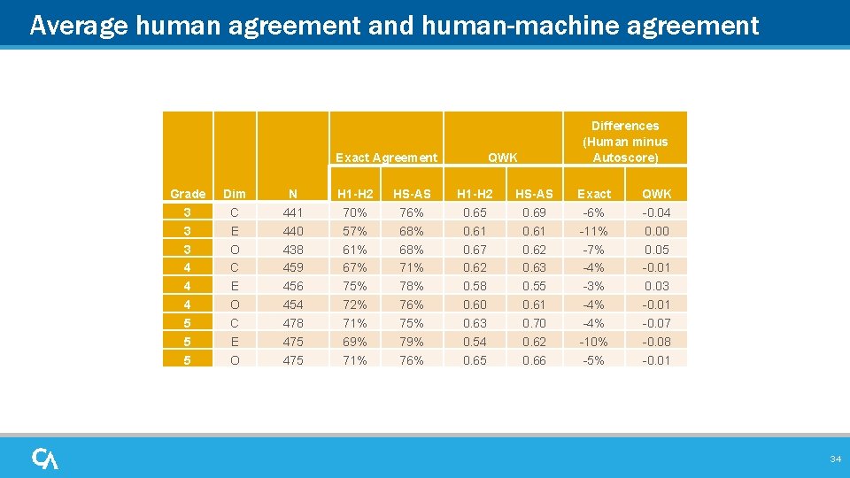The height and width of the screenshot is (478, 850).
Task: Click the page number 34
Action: (835, 459)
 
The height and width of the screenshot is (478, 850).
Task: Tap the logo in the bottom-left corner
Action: (45, 459)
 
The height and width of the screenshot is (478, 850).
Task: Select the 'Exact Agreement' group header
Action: (386, 158)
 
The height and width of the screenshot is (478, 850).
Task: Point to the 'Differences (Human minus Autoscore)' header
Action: (625, 142)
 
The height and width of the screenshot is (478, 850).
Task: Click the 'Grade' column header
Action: (188, 194)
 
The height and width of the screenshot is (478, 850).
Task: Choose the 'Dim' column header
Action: (235, 194)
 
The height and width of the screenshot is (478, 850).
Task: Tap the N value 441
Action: (292, 212)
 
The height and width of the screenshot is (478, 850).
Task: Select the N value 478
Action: (292, 323)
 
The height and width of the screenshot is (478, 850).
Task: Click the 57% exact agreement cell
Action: (356, 231)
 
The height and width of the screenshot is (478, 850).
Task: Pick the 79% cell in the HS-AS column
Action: (412, 342)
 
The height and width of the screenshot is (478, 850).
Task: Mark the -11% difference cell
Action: (594, 231)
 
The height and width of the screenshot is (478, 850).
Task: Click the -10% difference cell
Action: (594, 342)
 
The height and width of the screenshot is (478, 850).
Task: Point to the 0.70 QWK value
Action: (534, 323)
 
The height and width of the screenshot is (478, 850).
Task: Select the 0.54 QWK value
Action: (475, 342)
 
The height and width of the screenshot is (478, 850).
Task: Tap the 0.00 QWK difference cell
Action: (656, 231)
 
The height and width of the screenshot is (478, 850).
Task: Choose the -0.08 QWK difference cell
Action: (656, 342)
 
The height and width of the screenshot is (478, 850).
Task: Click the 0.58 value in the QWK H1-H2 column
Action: (475, 286)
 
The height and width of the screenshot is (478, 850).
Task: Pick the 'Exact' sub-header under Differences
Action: (594, 194)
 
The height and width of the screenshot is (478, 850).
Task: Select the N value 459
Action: (292, 267)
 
